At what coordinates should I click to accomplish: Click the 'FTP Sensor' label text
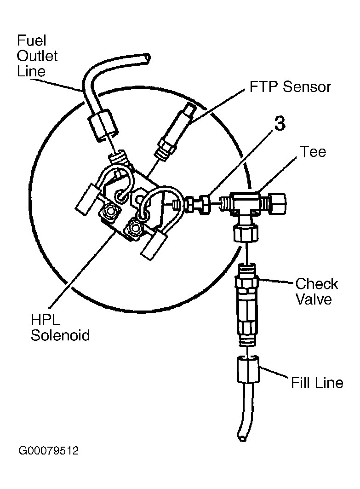(x=290, y=86)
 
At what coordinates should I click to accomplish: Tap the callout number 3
(x=280, y=123)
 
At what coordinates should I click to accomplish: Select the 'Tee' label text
(x=313, y=152)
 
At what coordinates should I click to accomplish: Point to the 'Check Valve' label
(x=316, y=291)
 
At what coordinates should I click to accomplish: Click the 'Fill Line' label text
(x=317, y=382)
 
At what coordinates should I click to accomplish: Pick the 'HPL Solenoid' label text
(x=60, y=328)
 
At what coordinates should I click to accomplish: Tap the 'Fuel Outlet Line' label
(x=37, y=56)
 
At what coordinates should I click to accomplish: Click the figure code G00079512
(x=49, y=451)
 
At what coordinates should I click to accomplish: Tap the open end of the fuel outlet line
(x=147, y=58)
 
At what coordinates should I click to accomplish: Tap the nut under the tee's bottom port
(x=246, y=233)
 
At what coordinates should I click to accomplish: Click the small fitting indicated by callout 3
(x=198, y=205)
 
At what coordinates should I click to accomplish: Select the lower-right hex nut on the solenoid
(x=134, y=229)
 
